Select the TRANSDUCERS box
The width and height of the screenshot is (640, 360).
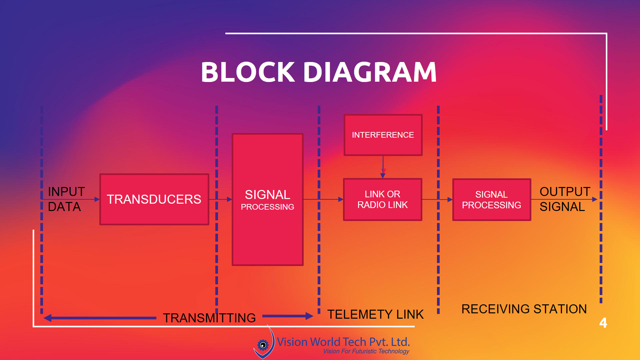coord(154,199)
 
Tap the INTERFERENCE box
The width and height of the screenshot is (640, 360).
coord(383,135)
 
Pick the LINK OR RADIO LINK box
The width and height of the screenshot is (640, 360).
coord(383,199)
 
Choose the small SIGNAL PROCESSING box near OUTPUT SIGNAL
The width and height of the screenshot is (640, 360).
coord(491,200)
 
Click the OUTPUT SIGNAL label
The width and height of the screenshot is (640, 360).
coord(564,199)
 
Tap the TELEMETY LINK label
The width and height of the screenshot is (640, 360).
coord(375,314)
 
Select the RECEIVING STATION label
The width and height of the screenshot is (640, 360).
coord(524,309)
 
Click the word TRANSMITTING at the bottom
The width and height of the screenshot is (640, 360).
coord(209,318)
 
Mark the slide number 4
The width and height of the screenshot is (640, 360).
coord(603,323)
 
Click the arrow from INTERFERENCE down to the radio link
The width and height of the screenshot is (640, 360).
coord(383,167)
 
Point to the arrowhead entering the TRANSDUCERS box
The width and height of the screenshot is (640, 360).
coord(97,199)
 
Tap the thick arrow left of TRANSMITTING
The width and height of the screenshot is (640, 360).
coord(100,318)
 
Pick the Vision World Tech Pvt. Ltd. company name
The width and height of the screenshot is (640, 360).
coord(343,342)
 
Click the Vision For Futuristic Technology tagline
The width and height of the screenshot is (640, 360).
coord(366,351)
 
